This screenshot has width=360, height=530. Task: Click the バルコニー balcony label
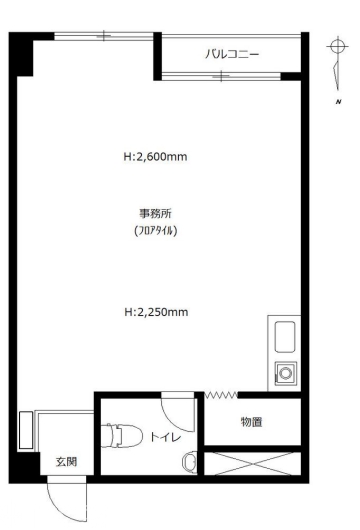[232, 54]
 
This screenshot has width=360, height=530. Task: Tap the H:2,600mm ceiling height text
[155, 157]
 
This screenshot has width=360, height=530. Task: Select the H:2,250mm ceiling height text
[156, 312]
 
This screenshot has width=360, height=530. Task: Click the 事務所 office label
[155, 214]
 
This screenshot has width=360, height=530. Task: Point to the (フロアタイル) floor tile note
[155, 231]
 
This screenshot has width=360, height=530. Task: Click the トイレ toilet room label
[166, 437]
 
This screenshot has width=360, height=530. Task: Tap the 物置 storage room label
[251, 422]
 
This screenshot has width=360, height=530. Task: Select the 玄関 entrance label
[66, 462]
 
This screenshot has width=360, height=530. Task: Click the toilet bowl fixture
[121, 435]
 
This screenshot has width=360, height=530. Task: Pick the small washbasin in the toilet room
[190, 462]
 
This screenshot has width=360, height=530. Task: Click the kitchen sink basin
[285, 337]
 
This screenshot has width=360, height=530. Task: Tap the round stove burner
[286, 374]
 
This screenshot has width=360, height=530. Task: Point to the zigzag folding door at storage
[221, 394]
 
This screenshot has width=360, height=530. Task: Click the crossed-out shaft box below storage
[252, 463]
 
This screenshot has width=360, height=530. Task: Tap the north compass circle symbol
[337, 46]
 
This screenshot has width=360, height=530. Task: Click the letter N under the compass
[338, 102]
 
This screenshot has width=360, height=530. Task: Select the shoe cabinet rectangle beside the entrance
[26, 430]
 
